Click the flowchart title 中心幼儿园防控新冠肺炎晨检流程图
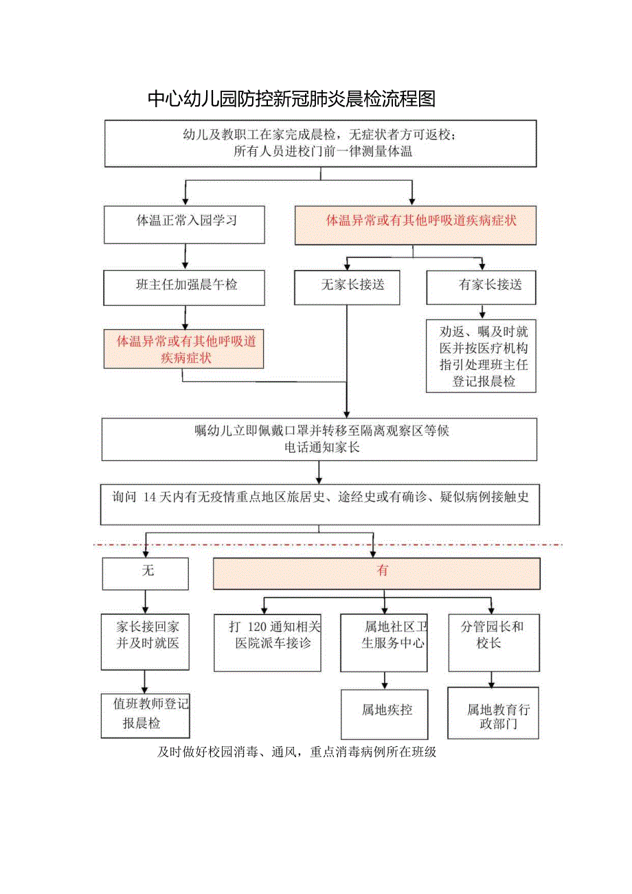coord(292,100)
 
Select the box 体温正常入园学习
coord(184,224)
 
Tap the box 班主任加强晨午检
coord(184,287)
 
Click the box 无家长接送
coord(348,287)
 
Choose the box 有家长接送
coord(481,287)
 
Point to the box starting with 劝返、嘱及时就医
coord(481,355)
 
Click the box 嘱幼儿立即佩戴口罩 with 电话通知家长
coord(319,439)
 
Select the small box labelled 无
coord(145,573)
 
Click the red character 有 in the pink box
coord(383,572)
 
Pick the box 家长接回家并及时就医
coord(145,642)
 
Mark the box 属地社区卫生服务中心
coord(384,642)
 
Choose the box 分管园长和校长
coord(493,642)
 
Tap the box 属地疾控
coord(384,713)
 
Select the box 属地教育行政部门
coord(493,713)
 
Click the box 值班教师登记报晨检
coord(145,715)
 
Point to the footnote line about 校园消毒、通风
coord(297,752)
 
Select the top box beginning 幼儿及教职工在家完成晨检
coord(319,144)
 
